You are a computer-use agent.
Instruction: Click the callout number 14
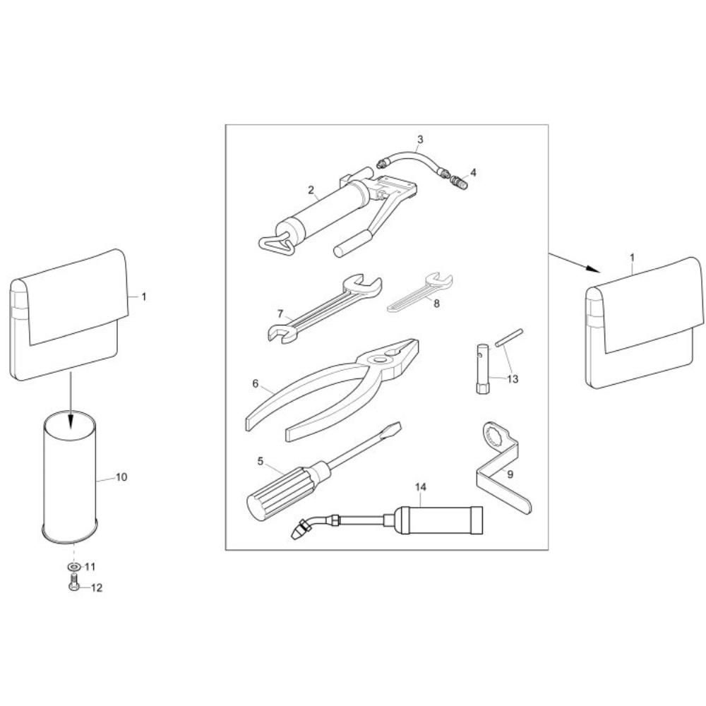point(421,486)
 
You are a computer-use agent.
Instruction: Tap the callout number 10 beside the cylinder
point(121,477)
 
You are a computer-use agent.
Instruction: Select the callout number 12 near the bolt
point(97,587)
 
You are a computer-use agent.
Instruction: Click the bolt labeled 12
point(74,582)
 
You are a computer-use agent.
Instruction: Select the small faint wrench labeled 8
point(420,292)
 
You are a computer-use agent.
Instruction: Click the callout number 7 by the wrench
point(280,313)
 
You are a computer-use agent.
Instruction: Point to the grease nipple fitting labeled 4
point(459,182)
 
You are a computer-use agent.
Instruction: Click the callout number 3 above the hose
point(420,139)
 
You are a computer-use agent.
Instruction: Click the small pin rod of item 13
point(509,337)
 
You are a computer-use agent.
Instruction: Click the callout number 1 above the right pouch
point(632,258)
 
